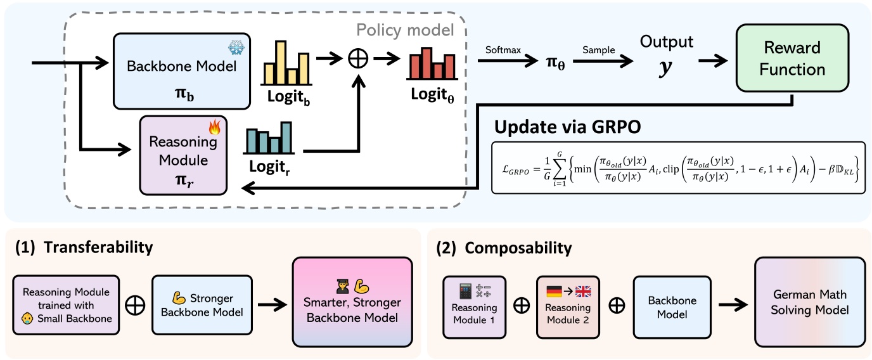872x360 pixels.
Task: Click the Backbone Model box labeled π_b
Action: [183, 72]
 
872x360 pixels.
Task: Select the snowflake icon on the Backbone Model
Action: [237, 49]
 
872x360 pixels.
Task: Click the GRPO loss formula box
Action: [677, 168]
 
